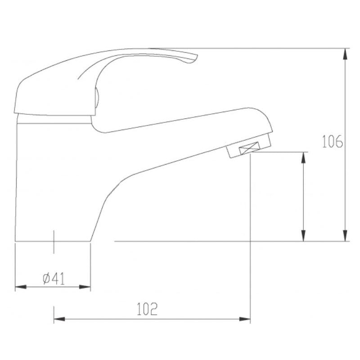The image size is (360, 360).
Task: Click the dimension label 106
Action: coord(333,141)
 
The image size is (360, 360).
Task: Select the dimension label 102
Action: coord(147,309)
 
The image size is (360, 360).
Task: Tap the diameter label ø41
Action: coord(54,279)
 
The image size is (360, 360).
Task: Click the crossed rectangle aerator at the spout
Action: coord(249,148)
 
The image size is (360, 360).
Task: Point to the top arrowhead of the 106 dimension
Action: coord(345,54)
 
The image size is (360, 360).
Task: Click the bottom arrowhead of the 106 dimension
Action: coord(345,236)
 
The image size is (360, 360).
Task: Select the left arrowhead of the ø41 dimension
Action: coord(21,287)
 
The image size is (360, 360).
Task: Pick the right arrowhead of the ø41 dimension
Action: coord(85,287)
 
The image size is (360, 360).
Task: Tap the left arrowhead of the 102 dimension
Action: coord(59,319)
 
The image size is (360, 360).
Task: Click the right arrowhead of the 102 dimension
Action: coord(245,319)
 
